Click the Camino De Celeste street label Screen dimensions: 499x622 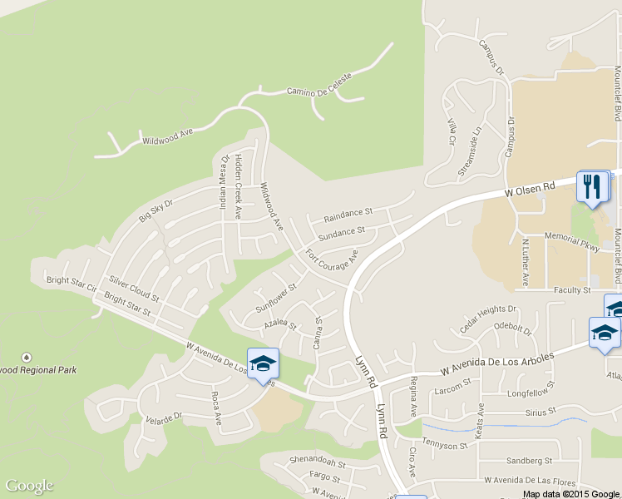(319, 84)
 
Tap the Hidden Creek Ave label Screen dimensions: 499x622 (238, 187)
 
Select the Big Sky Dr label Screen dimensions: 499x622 (155, 210)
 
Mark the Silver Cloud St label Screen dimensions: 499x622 (133, 288)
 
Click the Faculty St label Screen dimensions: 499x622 (573, 291)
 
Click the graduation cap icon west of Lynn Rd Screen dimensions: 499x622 (263, 363)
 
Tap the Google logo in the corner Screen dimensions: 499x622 (29, 487)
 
